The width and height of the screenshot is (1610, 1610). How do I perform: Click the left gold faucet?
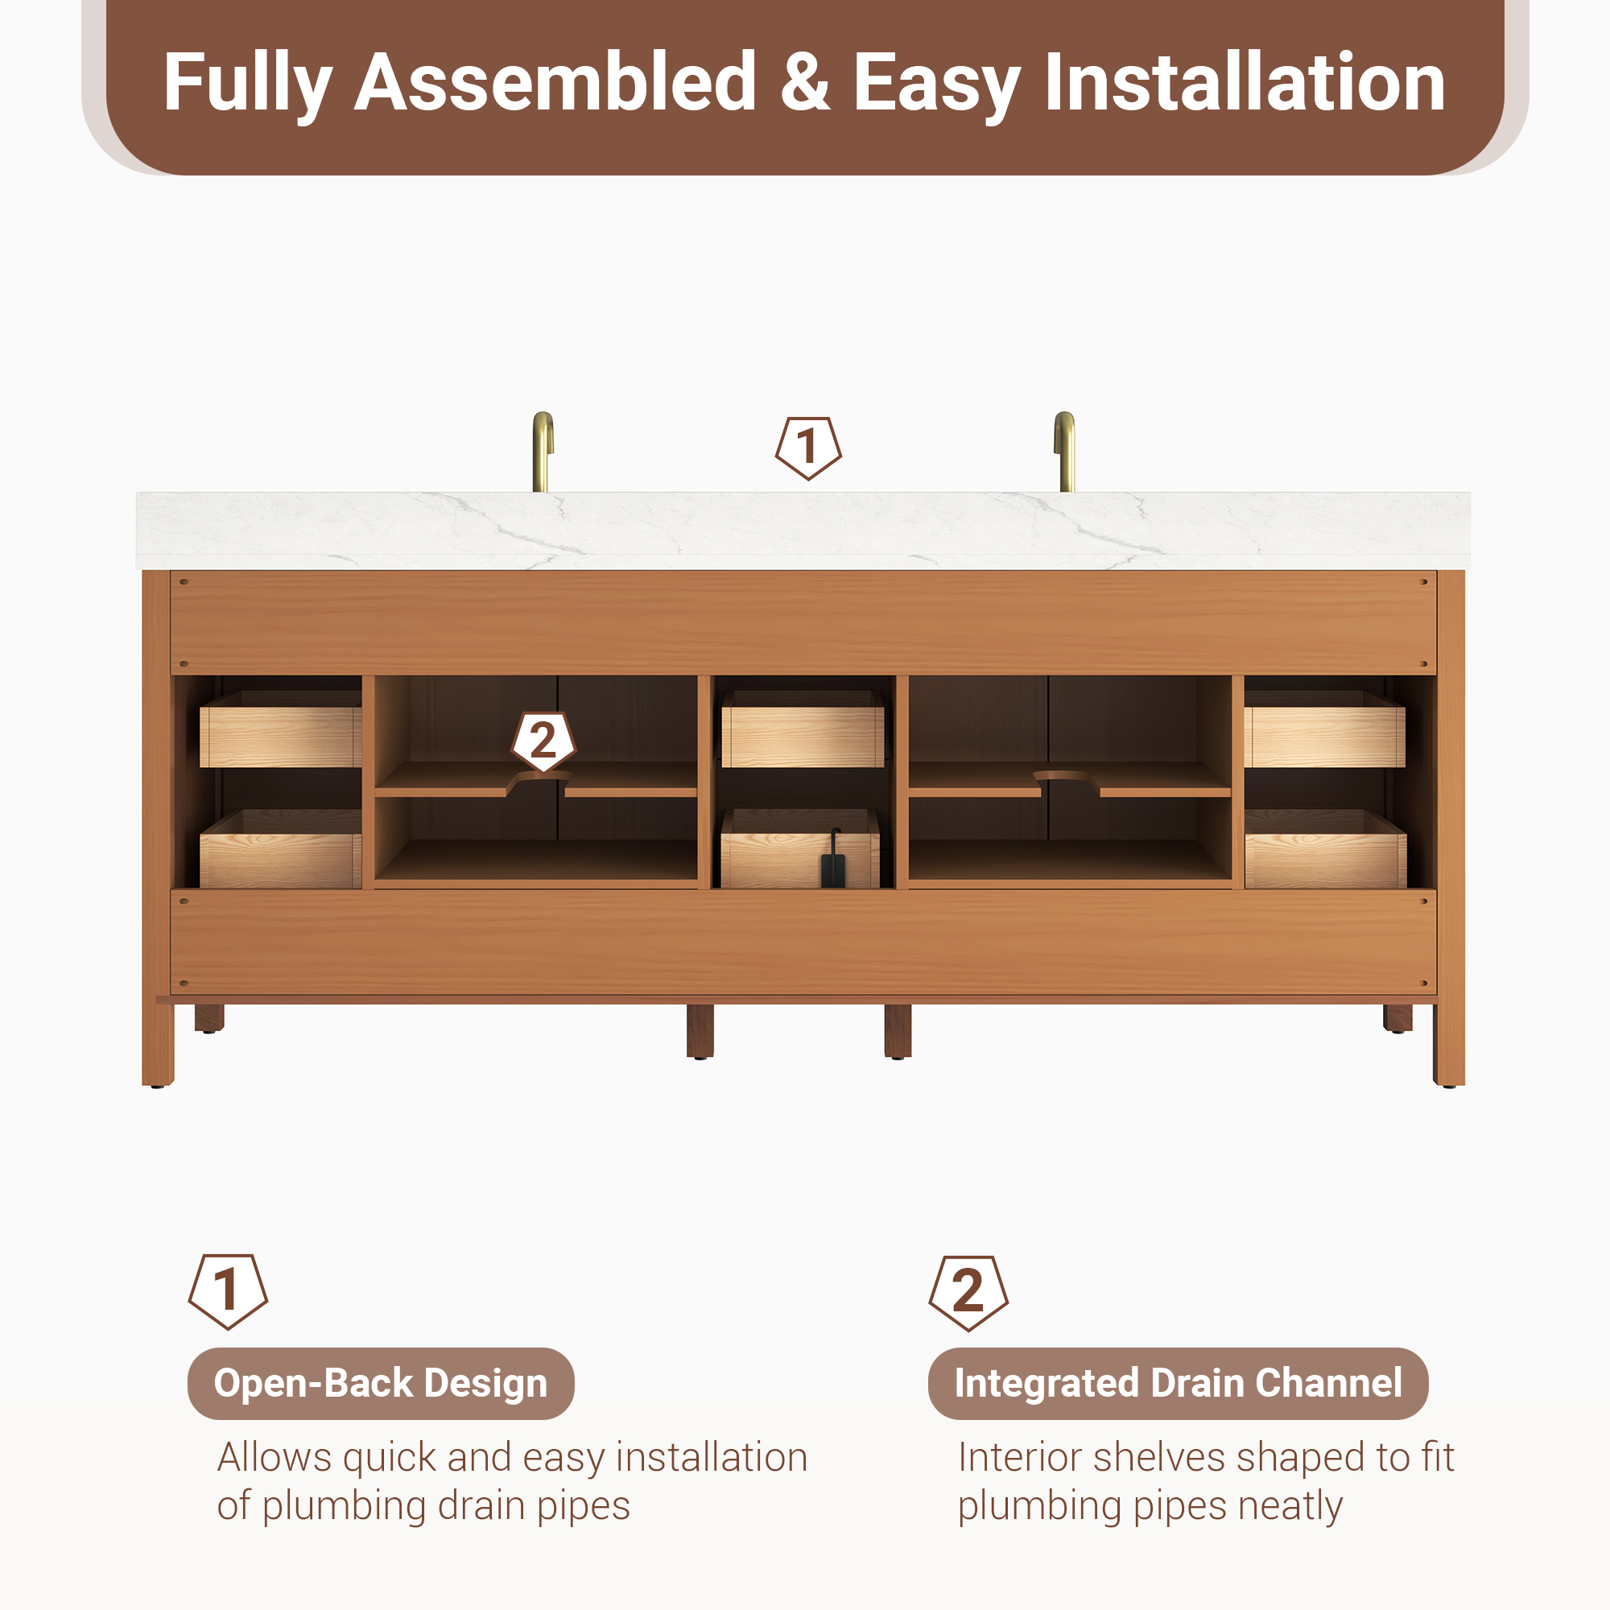click(543, 451)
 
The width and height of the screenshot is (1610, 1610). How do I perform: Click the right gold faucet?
click(1065, 451)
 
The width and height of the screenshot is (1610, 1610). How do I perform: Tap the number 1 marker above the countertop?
click(807, 448)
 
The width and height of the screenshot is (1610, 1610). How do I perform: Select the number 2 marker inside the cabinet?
click(543, 741)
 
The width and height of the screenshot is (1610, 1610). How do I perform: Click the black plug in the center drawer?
click(832, 861)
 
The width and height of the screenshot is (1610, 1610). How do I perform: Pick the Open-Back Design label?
click(381, 1383)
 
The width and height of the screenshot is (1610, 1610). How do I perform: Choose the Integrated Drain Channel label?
click(1179, 1383)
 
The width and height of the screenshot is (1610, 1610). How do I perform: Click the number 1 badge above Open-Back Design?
click(228, 1291)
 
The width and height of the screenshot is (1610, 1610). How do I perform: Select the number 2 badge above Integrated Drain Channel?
click(968, 1293)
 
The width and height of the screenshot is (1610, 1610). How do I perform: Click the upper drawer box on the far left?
click(281, 729)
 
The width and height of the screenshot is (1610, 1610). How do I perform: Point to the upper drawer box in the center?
click(803, 729)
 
